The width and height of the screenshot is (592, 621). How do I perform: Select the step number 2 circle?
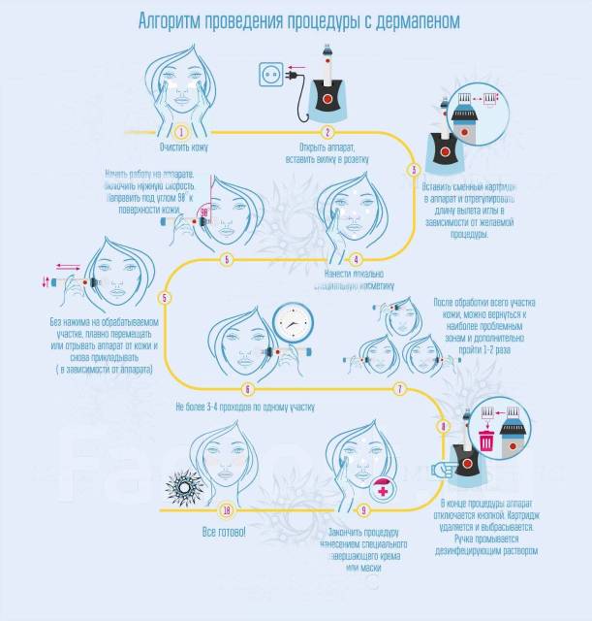[x=328, y=132]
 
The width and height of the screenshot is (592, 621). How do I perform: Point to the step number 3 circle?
[x=415, y=170]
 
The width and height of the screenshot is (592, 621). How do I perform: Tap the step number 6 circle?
[x=248, y=388]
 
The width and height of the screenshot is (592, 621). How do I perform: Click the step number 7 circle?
[x=398, y=389]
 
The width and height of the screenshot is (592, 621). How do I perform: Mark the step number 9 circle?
[x=363, y=508]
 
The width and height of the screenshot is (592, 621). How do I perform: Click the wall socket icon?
[x=269, y=72]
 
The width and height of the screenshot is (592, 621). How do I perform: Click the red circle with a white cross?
[x=384, y=491]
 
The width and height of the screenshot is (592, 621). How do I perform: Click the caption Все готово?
[x=223, y=533]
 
